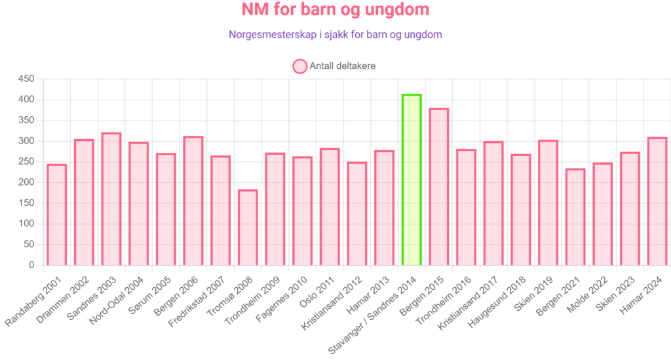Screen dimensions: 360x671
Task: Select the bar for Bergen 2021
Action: [x=575, y=216]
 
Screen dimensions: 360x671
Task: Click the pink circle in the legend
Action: [x=299, y=66]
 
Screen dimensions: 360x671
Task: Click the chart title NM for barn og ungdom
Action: [x=335, y=10]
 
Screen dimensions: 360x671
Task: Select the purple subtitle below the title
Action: [x=335, y=35]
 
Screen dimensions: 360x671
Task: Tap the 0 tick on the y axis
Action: [x=31, y=266]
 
